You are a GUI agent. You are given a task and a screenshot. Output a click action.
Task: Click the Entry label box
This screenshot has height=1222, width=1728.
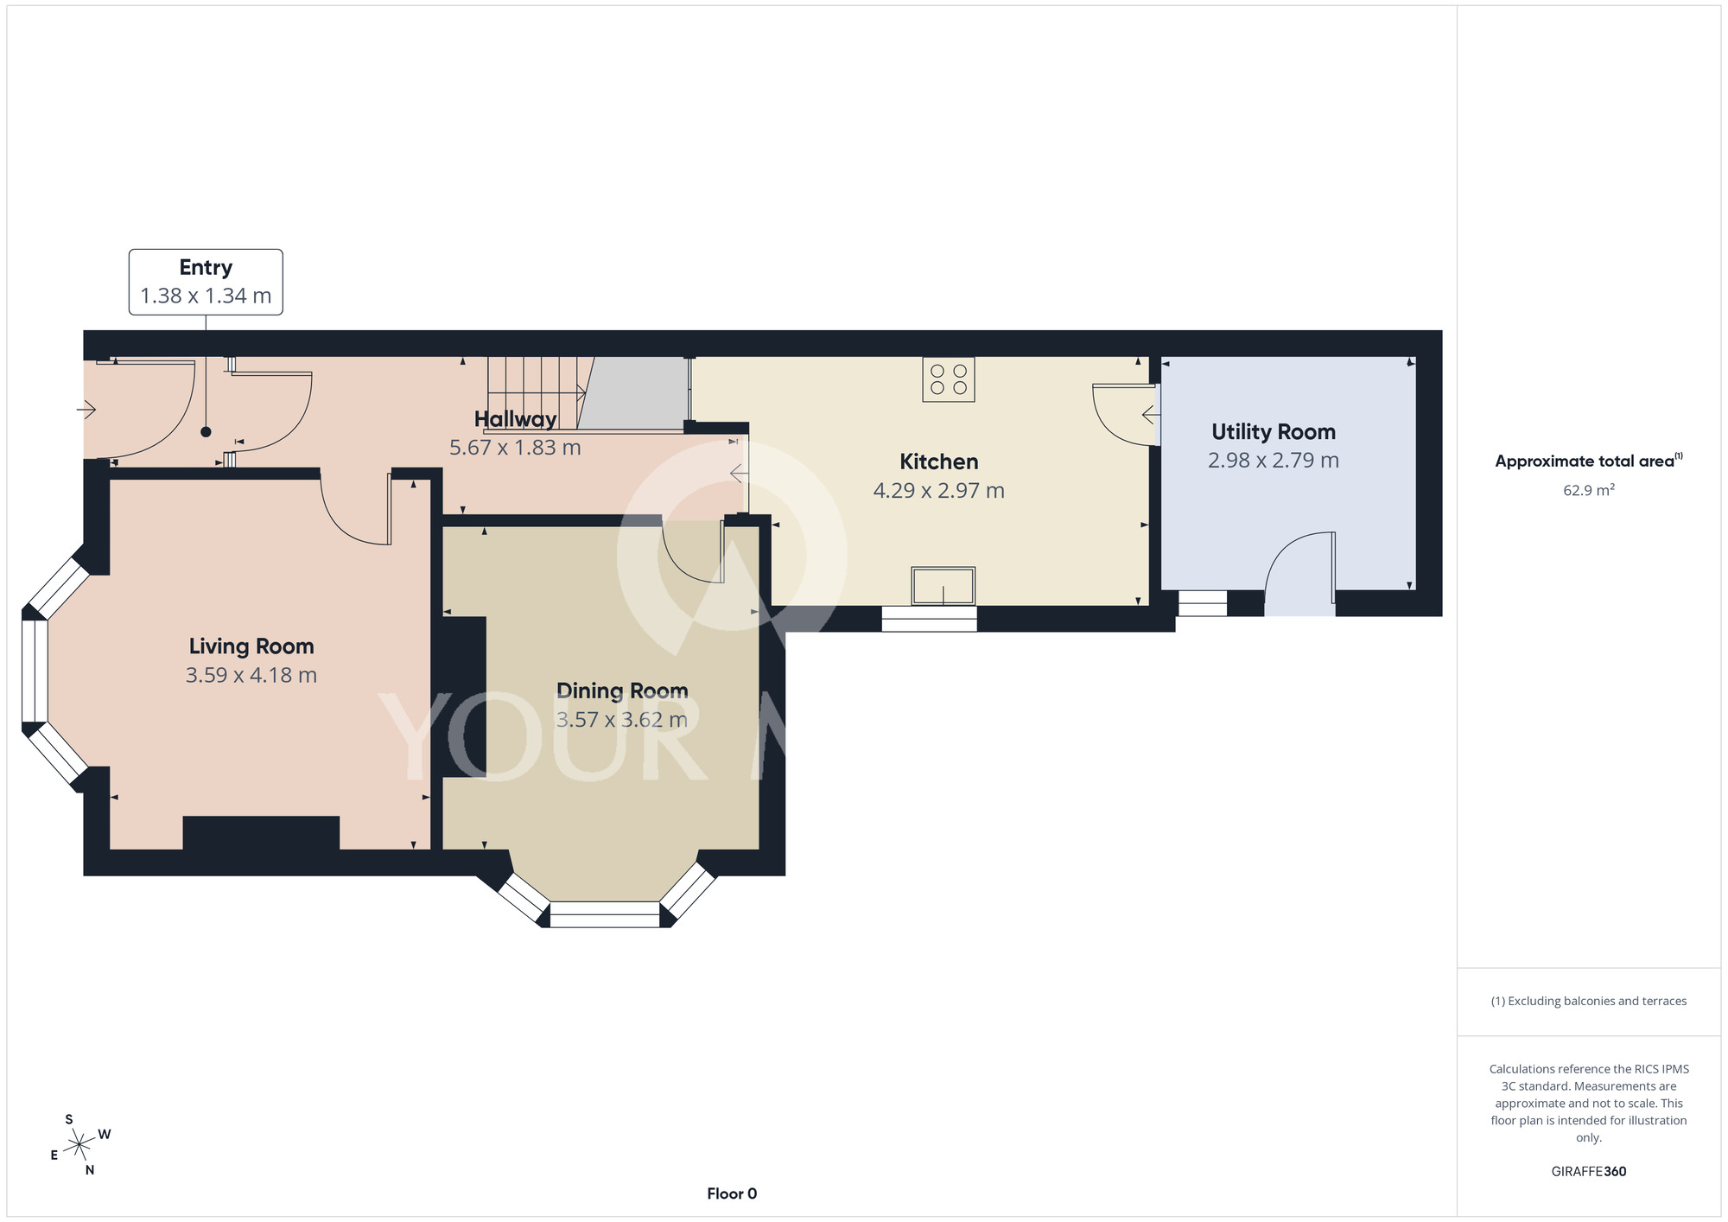(x=206, y=282)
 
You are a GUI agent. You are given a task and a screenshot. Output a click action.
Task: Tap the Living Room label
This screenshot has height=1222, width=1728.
(x=251, y=646)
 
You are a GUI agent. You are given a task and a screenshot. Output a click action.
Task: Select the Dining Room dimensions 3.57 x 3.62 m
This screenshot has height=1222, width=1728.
(x=622, y=720)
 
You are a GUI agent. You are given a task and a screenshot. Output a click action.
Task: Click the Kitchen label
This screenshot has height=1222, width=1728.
(x=939, y=461)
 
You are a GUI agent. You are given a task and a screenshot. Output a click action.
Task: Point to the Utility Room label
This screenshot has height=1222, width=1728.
(x=1274, y=432)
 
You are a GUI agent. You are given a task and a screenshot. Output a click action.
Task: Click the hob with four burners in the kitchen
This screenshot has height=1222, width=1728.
(x=949, y=379)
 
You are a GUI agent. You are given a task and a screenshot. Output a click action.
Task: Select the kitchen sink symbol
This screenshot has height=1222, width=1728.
(x=943, y=586)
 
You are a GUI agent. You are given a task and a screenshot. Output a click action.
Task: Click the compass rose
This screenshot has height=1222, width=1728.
(x=79, y=1145)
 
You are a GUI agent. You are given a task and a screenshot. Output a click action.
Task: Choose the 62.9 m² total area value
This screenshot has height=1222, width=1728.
(x=1589, y=490)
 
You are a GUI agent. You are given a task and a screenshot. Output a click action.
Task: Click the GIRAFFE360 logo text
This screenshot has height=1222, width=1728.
(x=1589, y=1172)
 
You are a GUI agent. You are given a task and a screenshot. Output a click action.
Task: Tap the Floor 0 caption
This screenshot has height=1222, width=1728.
(x=732, y=1193)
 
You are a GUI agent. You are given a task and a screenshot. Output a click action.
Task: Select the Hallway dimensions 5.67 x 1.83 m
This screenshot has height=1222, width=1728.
(x=515, y=448)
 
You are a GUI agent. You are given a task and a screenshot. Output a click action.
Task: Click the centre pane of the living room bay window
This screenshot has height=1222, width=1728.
(x=35, y=671)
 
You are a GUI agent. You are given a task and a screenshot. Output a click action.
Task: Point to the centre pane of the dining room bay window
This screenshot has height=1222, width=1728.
(x=605, y=914)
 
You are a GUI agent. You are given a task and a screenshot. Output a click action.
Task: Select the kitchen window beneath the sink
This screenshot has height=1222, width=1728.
(x=929, y=619)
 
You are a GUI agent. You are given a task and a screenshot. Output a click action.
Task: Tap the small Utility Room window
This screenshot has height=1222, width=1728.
(x=1203, y=603)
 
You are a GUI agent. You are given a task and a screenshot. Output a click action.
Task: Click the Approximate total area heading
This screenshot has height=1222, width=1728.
(x=1589, y=461)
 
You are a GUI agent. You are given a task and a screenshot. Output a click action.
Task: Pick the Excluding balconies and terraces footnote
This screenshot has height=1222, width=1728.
(x=1589, y=1001)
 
